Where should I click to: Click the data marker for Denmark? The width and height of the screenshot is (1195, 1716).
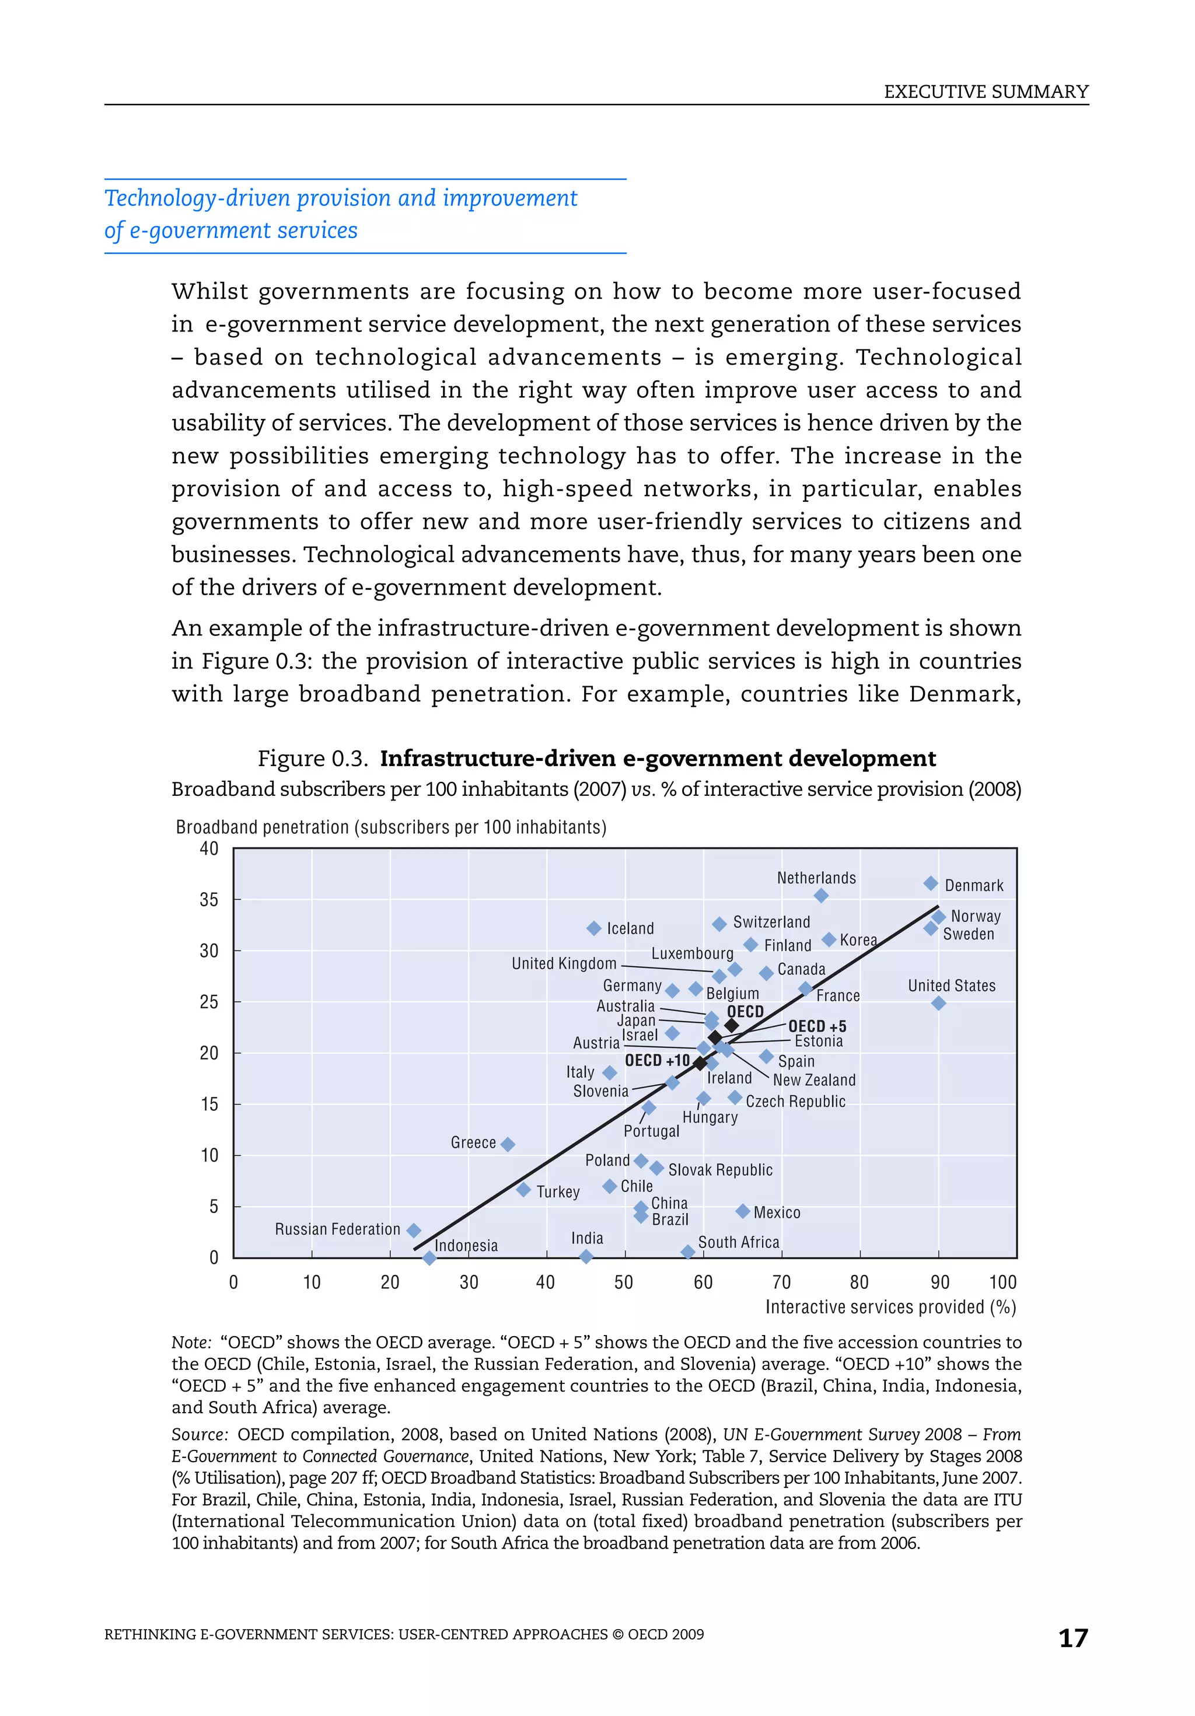click(931, 883)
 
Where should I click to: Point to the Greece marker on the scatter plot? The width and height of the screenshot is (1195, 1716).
click(508, 1144)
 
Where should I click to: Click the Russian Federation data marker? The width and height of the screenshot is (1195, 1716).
click(413, 1230)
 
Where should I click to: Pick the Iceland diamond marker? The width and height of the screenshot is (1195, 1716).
click(594, 928)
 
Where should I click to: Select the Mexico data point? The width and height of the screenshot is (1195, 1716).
click(742, 1211)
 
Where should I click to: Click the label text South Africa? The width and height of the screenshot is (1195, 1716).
click(738, 1242)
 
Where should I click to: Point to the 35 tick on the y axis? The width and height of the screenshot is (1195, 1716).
click(209, 900)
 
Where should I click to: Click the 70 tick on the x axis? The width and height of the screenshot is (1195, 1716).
click(781, 1282)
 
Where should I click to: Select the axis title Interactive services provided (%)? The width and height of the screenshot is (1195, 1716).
click(890, 1307)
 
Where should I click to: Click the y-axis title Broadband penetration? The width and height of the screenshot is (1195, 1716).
click(390, 827)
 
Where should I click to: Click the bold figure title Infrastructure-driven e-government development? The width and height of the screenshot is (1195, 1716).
click(657, 759)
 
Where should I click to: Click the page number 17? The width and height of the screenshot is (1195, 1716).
click(1072, 1638)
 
